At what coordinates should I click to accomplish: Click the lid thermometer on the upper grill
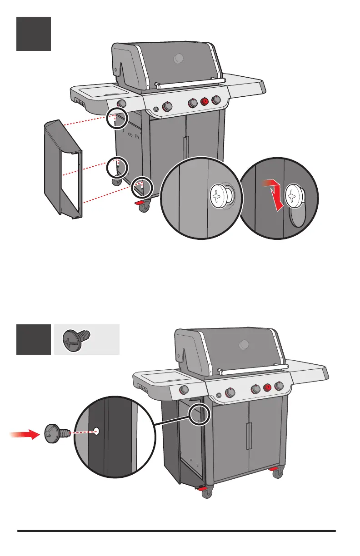[x=179, y=58]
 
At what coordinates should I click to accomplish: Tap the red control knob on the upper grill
[x=205, y=101]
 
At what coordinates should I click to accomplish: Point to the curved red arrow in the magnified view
[x=275, y=191]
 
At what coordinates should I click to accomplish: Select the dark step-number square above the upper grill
[x=34, y=34]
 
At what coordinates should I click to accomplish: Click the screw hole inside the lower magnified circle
[x=96, y=432]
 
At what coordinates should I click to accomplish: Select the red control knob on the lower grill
[x=268, y=387]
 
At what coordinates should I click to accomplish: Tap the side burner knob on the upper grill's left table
[x=122, y=103]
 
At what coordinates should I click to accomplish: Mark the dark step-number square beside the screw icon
[x=34, y=339]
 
